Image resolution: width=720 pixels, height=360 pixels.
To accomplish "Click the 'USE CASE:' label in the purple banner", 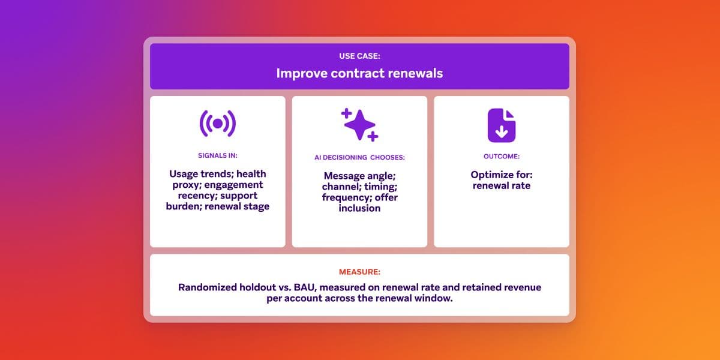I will (x=359, y=56).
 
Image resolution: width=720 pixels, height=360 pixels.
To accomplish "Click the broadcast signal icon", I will (x=217, y=124).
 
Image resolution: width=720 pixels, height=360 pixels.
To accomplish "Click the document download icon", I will (x=501, y=125).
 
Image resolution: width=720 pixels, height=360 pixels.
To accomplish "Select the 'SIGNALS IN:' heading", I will (x=217, y=155).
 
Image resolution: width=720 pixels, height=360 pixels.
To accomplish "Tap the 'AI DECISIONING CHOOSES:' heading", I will (x=359, y=157).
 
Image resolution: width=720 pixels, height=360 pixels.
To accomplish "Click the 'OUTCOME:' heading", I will (x=501, y=156).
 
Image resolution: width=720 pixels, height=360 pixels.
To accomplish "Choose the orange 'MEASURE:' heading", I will (x=359, y=271).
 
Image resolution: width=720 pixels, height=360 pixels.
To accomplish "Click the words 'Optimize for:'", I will (x=501, y=175).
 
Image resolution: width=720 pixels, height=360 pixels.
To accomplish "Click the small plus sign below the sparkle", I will (x=373, y=137).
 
